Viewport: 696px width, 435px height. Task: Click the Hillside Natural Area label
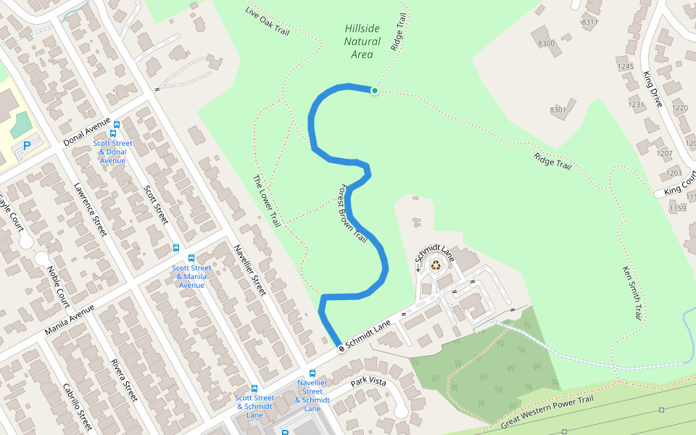pos(361,41)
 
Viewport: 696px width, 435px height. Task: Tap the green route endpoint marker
pos(375,91)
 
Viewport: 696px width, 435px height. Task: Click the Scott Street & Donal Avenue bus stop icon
pos(114,133)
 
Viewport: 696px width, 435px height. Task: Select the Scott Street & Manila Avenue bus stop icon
pos(191,258)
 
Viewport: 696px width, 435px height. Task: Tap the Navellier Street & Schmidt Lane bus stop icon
pos(312,373)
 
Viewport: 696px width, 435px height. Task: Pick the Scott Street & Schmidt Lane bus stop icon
pos(254,389)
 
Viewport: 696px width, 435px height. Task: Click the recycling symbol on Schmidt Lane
pos(436,265)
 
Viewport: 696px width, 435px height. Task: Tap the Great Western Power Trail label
pos(547,411)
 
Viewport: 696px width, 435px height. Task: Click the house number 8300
pos(546,44)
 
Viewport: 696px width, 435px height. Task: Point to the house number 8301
pos(558,110)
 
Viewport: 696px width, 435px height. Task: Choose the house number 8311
pos(589,22)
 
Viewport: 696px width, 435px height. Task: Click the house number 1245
pos(625,67)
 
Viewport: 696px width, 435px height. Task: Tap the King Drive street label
pos(652,89)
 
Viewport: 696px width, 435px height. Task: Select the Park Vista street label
pos(368,382)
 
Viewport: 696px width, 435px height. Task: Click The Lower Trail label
pos(266,201)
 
